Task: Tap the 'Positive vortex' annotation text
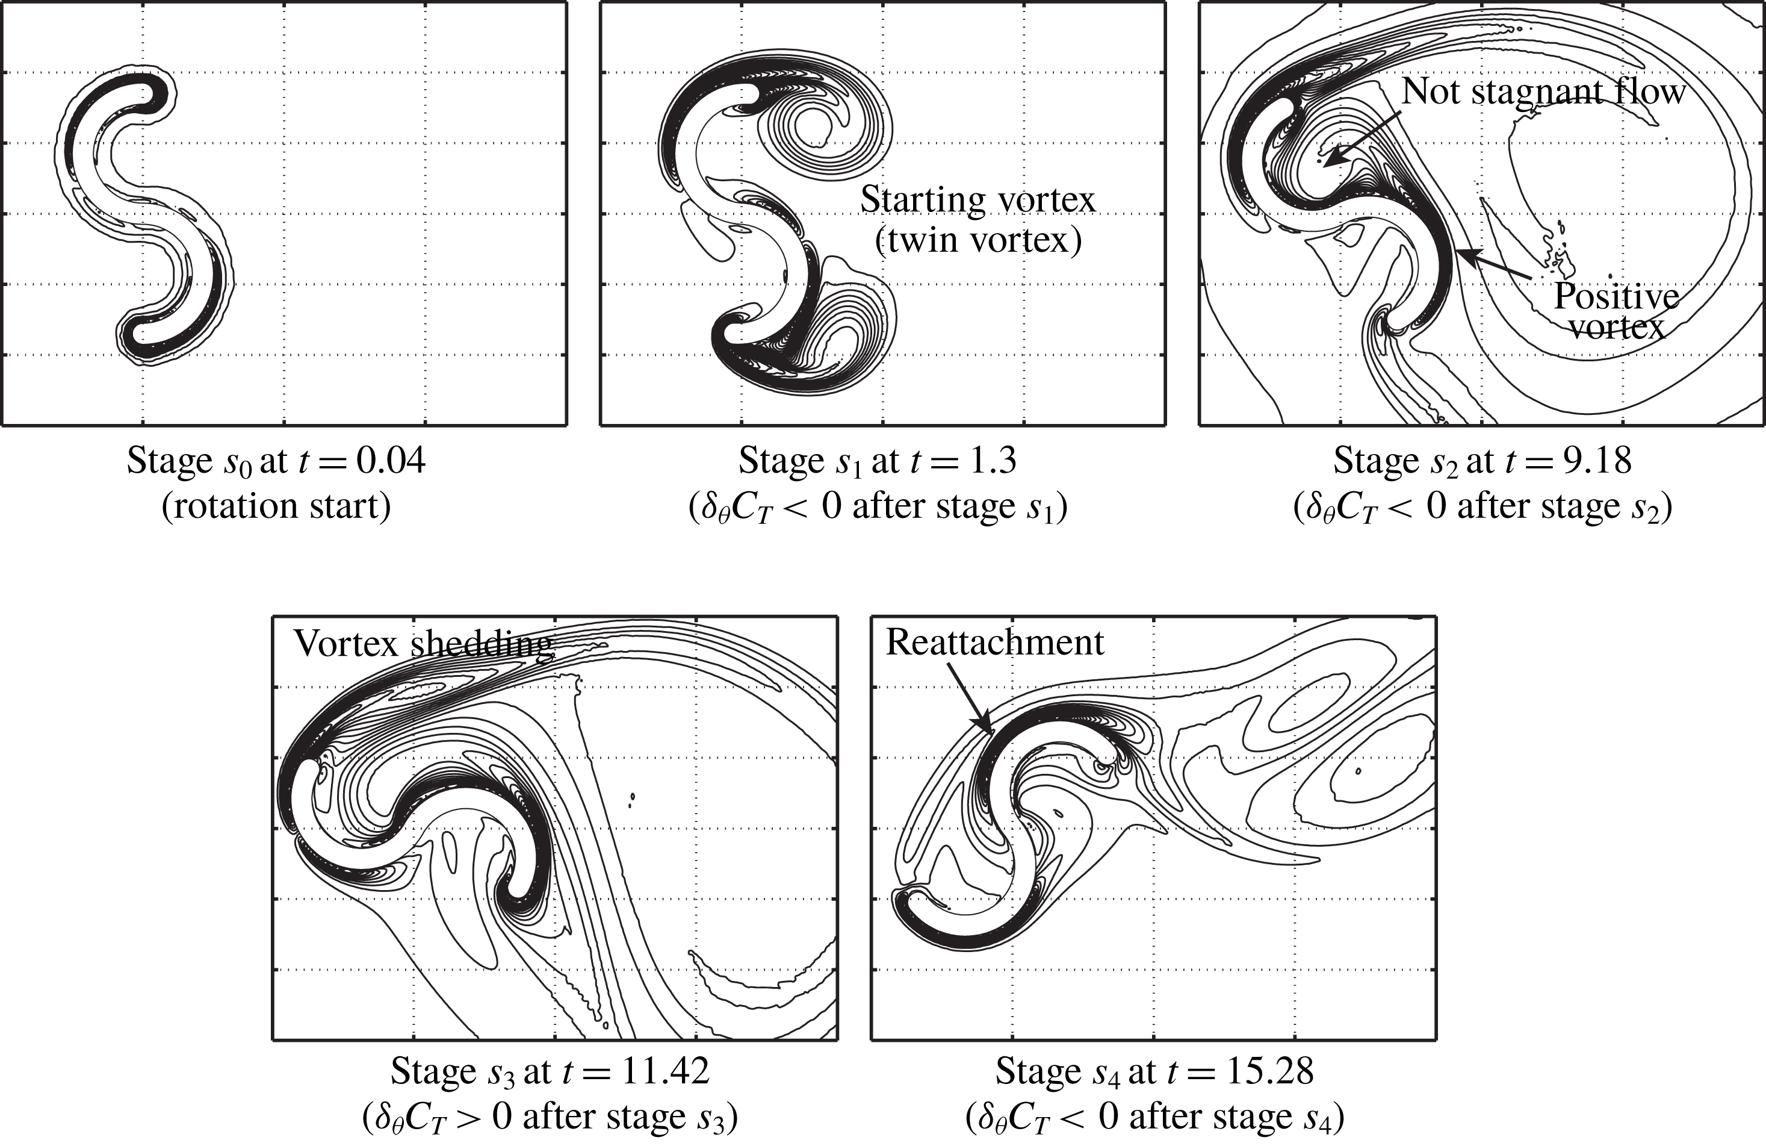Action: [1616, 310]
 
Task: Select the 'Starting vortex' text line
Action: [977, 200]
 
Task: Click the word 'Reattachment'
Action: [994, 643]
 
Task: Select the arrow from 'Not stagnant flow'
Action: [1362, 138]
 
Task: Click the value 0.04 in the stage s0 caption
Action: [391, 461]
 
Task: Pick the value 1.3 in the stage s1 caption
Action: [991, 461]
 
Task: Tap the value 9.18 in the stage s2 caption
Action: [1597, 461]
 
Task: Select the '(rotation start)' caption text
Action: [276, 506]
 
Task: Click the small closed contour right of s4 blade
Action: [1358, 771]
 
